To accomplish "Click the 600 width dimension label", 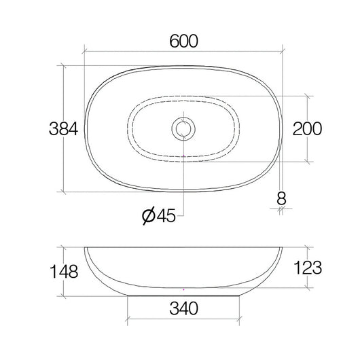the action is click(x=183, y=41).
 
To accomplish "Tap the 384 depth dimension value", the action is click(x=64, y=128).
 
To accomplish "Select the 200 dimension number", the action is click(x=307, y=128).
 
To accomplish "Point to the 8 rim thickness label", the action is click(x=281, y=198).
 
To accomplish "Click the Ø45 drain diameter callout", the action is click(x=159, y=216).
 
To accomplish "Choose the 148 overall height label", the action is click(x=64, y=272).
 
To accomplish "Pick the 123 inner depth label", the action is click(x=308, y=268).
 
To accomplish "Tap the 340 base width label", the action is click(x=183, y=308).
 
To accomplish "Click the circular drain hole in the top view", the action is click(x=183, y=128).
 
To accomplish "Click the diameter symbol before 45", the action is click(x=149, y=216).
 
